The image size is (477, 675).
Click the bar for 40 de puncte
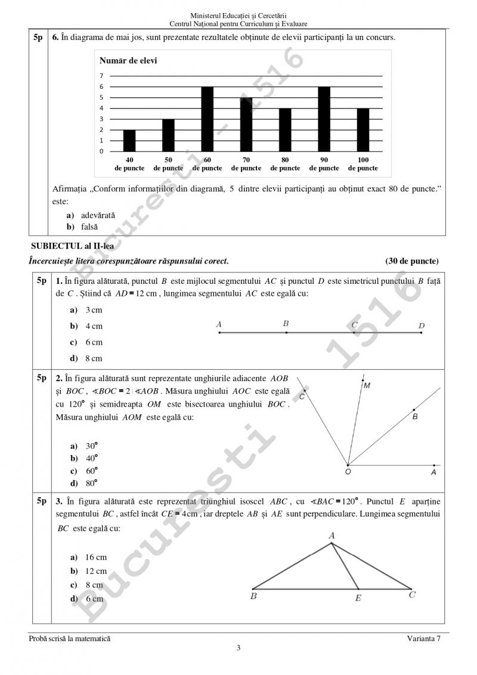coord(129,141)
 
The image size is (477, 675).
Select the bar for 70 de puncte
coord(246,125)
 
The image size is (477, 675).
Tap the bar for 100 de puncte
coord(363,130)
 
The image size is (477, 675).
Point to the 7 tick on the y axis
coord(101,76)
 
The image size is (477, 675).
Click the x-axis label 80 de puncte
coord(285,164)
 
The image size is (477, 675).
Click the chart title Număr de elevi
coord(128,61)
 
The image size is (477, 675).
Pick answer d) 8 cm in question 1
coord(86,358)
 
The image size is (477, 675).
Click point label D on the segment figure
coord(422,326)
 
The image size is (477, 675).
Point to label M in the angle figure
coord(367,386)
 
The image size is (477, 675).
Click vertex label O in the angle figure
coord(348,472)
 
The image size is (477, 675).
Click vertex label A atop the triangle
coord(332,536)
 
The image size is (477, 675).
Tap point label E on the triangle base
coord(358,597)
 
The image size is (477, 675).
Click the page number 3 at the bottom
coord(238,649)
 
